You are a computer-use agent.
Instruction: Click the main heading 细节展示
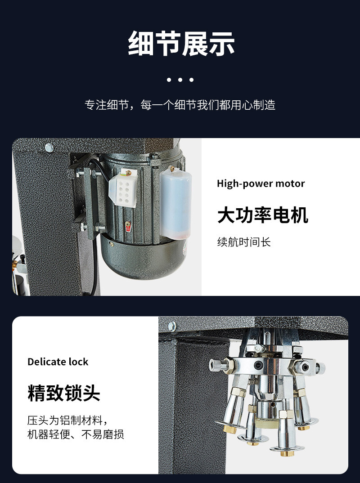181,44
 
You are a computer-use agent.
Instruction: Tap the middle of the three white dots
180,80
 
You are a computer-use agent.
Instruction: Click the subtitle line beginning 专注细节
180,105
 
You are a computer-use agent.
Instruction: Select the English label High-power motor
261,183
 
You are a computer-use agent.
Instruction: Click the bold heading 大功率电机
262,215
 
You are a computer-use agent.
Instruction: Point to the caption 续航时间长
244,242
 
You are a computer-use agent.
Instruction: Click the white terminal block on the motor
123,190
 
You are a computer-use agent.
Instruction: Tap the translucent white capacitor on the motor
175,202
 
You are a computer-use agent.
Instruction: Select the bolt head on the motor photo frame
49,147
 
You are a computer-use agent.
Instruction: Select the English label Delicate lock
58,362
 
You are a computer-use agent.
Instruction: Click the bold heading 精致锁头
63,393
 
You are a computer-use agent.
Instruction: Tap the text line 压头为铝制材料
67,421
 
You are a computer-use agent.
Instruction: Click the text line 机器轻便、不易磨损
76,434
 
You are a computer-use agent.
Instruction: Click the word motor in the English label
290,183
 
